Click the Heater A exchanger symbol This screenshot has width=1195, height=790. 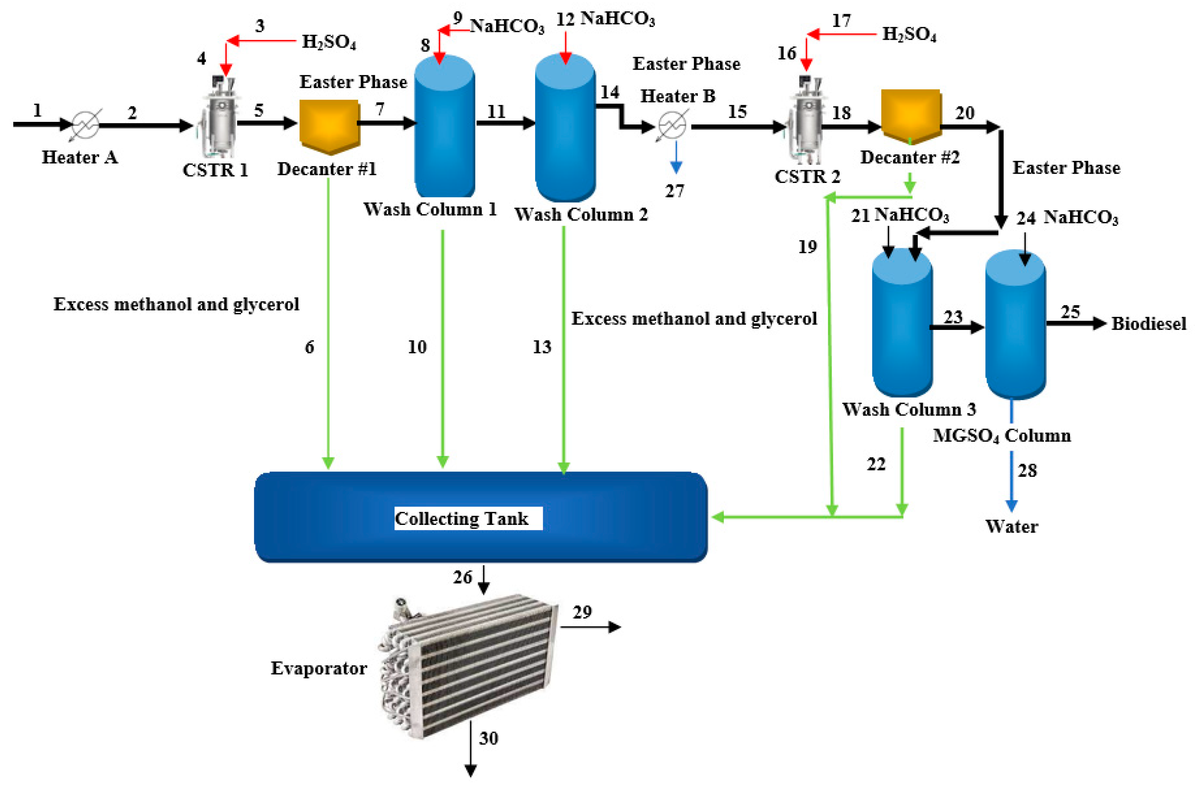(x=85, y=124)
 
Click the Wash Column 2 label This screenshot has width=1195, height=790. (x=581, y=214)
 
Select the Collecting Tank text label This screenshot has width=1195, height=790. (x=461, y=519)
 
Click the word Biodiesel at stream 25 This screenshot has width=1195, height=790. (x=1148, y=324)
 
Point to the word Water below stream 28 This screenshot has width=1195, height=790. (x=1011, y=526)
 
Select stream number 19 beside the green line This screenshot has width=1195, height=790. (x=807, y=247)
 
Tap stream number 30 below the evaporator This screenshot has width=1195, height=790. (x=488, y=739)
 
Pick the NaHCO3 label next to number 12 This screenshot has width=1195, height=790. (x=618, y=19)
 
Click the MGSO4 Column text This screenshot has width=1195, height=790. (x=1001, y=435)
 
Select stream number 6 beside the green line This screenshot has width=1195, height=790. (x=309, y=347)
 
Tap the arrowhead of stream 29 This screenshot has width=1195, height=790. (x=615, y=627)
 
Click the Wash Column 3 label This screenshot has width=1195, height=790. (x=909, y=409)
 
